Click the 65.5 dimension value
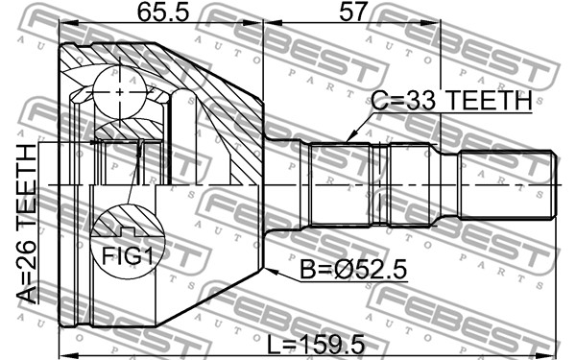[x=163, y=12]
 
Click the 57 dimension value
[x=353, y=12]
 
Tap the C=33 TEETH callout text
[x=451, y=100]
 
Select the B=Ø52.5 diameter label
[x=353, y=269]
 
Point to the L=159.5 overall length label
[x=316, y=345]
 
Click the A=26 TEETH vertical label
[x=27, y=224]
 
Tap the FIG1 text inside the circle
[x=127, y=255]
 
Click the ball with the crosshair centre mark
[x=120, y=92]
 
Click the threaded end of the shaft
[x=507, y=185]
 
